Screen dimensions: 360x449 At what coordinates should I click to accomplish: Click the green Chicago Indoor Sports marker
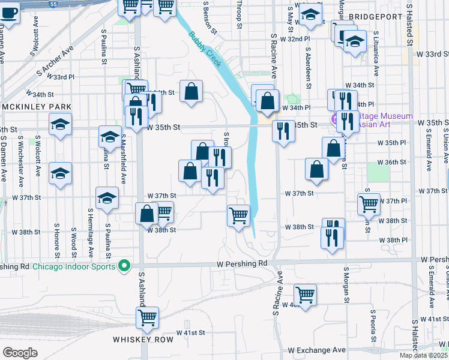[124, 265]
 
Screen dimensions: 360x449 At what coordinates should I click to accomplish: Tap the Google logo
[20, 353]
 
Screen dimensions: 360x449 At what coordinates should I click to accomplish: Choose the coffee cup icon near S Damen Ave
[10, 13]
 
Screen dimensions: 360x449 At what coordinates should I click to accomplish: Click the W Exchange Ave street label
[316, 350]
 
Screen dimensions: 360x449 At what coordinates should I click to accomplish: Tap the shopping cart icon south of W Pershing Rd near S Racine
[305, 295]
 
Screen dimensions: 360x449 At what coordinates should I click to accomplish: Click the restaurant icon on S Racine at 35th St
[283, 130]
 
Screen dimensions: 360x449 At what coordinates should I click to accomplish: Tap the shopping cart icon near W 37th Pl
[368, 203]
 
